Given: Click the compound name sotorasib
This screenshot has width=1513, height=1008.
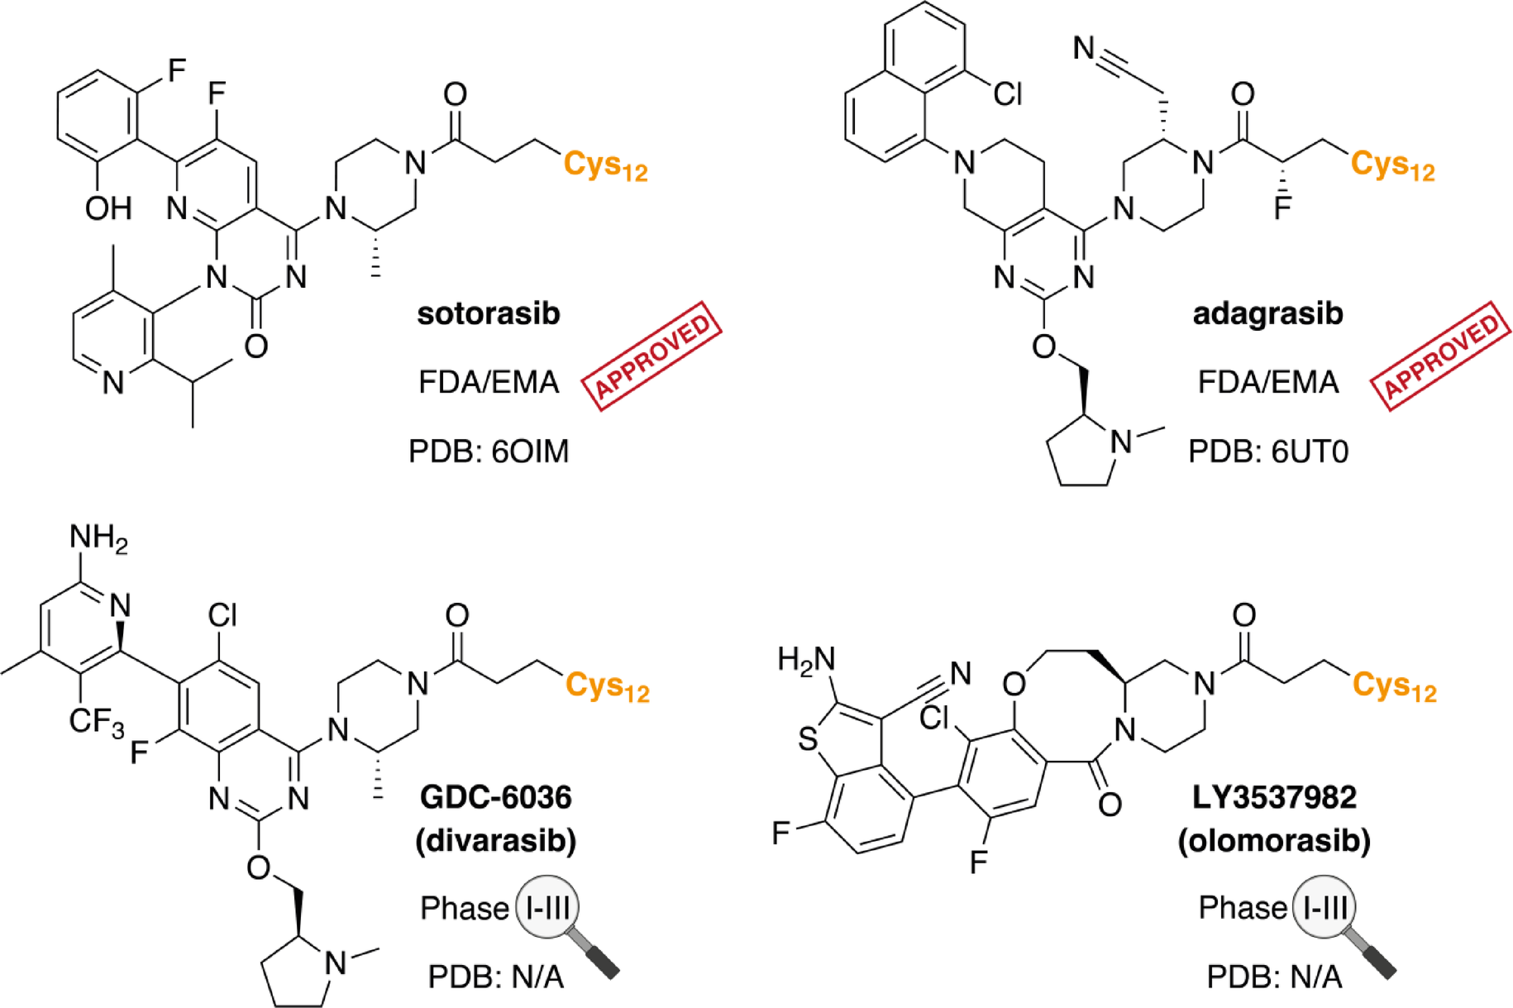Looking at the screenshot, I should [488, 314].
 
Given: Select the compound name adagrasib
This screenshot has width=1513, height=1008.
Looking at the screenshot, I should [1267, 314].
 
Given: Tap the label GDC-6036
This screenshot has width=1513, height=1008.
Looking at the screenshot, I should [495, 797].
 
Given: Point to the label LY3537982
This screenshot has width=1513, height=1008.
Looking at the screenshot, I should [1274, 797].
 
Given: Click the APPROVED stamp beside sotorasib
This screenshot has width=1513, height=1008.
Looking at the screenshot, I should [651, 356].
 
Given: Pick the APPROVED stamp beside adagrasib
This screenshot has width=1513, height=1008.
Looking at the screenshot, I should [1440, 356].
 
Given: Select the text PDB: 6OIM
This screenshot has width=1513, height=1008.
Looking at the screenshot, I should [489, 451].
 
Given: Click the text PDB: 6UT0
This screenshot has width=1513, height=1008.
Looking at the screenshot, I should [1267, 451].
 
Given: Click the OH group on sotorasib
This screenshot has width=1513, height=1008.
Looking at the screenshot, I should [108, 208].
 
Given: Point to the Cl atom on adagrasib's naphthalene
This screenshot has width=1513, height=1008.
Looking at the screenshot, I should [1008, 94].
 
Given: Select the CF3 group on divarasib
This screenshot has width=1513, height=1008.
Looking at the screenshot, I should [96, 722].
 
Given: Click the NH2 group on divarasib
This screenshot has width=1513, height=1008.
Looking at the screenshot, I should [98, 537].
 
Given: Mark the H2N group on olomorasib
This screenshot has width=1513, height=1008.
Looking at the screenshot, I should [806, 659].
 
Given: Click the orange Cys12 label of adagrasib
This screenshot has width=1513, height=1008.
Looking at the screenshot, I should [1392, 165].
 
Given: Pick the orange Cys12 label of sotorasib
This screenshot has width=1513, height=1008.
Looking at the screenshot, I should [605, 165].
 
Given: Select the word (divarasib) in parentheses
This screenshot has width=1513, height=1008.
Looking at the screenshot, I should [495, 840].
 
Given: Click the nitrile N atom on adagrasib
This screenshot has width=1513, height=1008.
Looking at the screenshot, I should [1084, 48].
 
